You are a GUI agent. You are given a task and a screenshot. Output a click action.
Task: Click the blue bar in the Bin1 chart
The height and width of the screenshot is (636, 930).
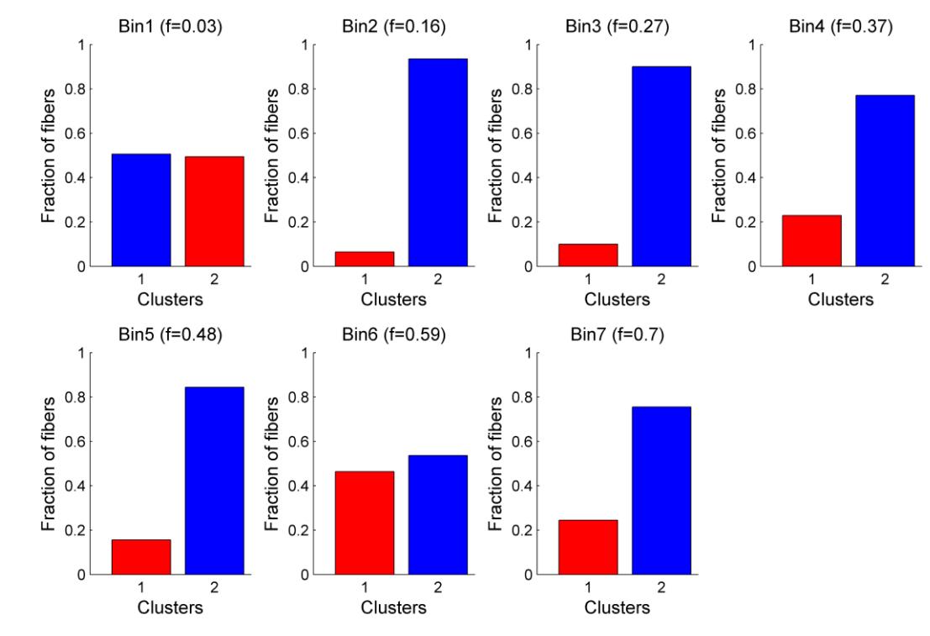[141, 210]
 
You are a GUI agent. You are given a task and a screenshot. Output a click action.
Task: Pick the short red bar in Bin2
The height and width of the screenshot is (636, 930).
[365, 259]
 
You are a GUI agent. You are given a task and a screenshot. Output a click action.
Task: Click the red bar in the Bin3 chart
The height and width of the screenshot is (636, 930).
[588, 255]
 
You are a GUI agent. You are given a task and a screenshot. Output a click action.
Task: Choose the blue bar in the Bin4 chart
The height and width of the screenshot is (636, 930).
[885, 181]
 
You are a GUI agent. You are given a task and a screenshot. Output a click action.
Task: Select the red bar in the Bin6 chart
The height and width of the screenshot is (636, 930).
[365, 523]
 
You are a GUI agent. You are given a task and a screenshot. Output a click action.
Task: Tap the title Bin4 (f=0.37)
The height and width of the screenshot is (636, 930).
[848, 27]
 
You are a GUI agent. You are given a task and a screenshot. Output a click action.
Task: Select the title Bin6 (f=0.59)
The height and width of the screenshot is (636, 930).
[402, 335]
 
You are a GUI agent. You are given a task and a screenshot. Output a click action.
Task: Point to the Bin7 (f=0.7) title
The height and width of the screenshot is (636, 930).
[624, 335]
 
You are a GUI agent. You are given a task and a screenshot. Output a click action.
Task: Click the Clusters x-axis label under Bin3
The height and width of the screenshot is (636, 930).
[624, 299]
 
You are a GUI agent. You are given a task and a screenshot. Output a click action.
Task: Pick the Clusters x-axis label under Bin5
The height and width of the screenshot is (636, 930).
[178, 607]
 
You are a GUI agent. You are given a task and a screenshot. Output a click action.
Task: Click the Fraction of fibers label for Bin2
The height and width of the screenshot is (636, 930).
[272, 155]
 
